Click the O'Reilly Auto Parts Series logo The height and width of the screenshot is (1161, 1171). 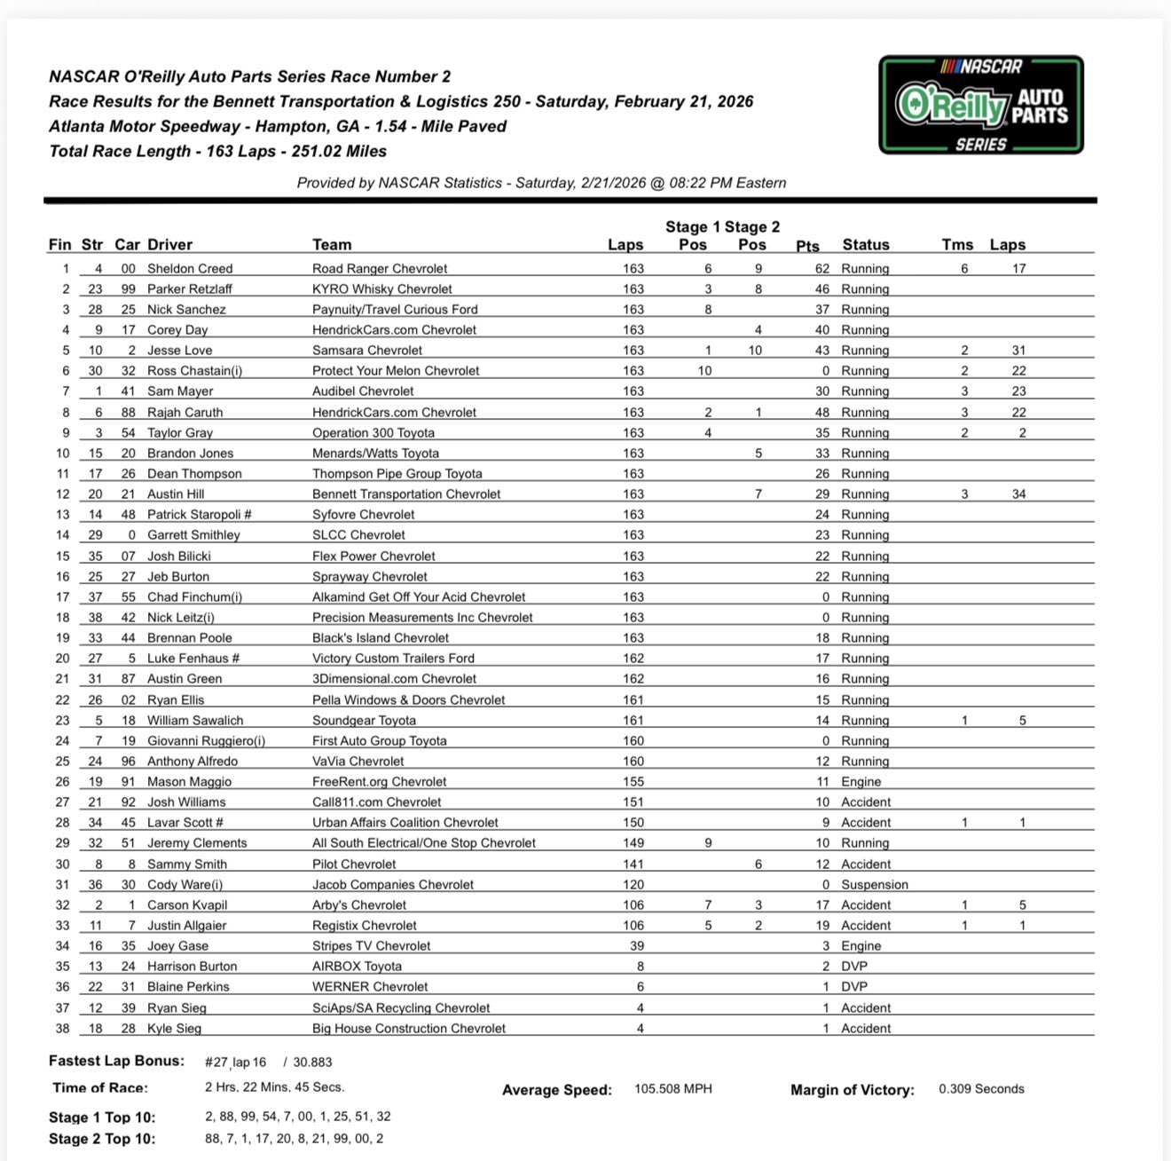pos(981,105)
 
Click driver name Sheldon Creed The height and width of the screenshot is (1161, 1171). pos(190,268)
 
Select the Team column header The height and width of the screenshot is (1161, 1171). pos(332,244)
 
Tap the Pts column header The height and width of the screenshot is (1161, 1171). pos(807,246)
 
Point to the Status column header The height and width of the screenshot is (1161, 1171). pos(865,244)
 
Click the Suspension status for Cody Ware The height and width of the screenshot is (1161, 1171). pos(875,884)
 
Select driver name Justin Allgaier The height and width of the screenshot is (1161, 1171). pos(187,925)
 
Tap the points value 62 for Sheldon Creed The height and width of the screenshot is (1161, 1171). pos(822,268)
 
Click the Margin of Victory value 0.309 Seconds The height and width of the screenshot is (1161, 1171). pos(981,1088)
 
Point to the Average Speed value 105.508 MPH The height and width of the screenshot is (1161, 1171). pos(672,1088)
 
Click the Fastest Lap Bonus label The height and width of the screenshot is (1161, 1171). pos(116,1061)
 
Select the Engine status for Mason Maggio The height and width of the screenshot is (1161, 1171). pos(861,781)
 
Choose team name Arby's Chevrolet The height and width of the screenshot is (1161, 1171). pos(359,904)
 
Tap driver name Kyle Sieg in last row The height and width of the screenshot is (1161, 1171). pos(175,1028)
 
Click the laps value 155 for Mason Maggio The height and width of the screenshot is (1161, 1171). pos(633,781)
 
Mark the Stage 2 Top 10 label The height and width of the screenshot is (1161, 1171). pos(102,1139)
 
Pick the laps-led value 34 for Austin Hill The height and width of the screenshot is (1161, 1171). pos(1018,494)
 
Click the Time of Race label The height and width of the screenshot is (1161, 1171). pos(100,1087)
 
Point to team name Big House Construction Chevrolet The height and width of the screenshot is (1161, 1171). pos(409,1028)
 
